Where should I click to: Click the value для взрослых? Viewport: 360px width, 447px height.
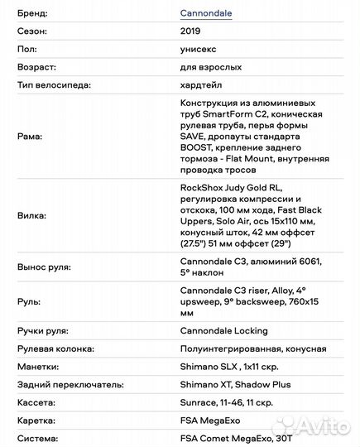tap(212, 67)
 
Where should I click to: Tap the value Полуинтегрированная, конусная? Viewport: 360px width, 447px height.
tap(252, 348)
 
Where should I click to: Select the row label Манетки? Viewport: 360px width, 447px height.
tap(37, 366)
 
